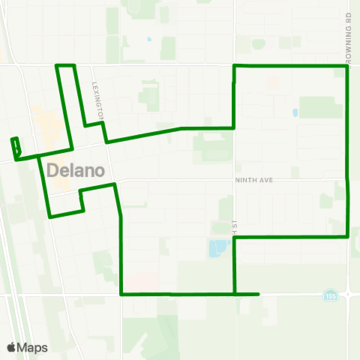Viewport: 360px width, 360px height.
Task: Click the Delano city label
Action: (75, 169)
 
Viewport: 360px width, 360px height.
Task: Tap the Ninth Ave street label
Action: (255, 180)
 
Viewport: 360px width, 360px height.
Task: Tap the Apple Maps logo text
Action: (27, 348)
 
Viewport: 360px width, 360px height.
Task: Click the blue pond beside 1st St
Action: (218, 247)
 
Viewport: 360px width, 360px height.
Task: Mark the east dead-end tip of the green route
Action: (259, 294)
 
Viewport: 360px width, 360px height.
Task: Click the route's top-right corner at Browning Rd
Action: (347, 67)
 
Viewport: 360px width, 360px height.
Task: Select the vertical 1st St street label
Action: (235, 225)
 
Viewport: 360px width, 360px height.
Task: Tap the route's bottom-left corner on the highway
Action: (121, 294)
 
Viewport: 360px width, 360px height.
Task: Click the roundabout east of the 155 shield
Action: (349, 294)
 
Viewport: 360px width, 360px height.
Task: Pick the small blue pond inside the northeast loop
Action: (295, 113)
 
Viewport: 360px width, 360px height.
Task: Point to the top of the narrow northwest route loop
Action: (66, 66)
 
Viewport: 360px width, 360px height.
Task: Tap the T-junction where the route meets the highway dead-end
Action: (235, 294)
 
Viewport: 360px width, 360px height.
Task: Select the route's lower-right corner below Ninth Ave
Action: (348, 236)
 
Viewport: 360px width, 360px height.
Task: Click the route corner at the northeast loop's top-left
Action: (235, 67)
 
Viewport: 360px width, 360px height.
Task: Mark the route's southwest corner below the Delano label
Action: (50, 217)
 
